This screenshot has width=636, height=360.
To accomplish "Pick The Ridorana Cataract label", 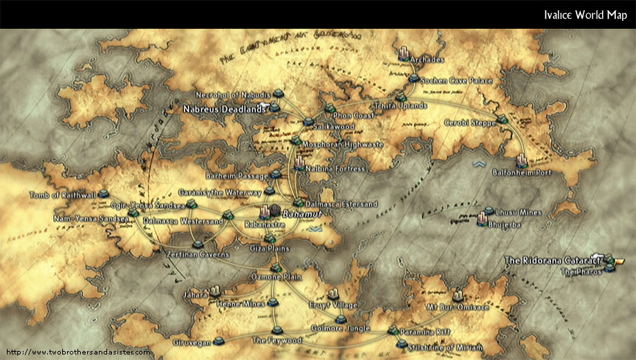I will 550,260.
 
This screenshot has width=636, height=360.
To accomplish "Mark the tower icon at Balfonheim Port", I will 521,159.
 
